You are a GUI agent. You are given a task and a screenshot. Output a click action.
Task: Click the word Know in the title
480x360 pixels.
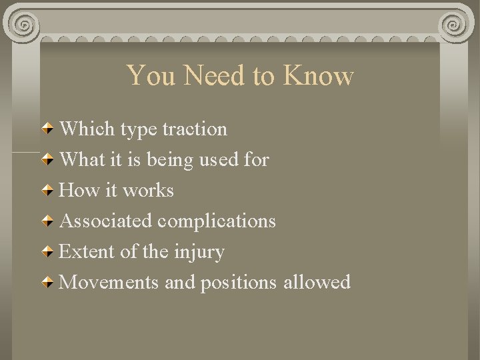[318, 75]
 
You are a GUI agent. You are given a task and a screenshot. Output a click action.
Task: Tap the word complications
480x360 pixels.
[217, 221]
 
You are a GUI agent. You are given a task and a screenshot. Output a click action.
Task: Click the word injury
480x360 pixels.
[199, 252]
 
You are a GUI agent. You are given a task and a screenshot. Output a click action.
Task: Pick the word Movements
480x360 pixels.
[109, 282]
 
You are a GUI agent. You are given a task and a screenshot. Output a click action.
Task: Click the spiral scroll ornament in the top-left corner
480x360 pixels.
[23, 25]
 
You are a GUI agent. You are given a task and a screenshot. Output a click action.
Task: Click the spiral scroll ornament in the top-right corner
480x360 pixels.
[455, 25]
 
